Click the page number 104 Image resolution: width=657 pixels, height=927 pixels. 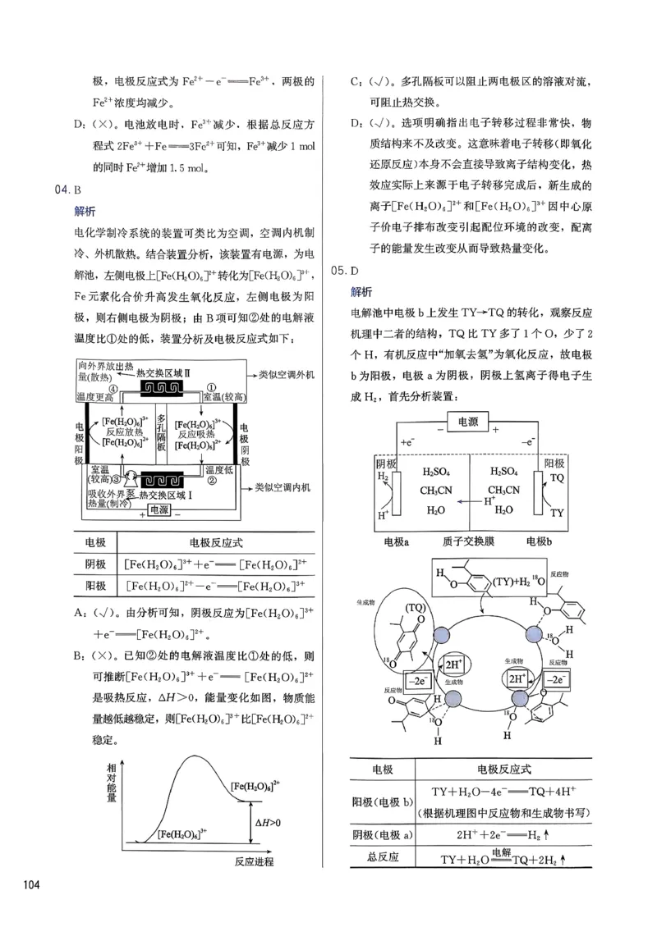coord(31,884)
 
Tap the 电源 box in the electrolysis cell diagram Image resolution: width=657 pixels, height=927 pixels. coord(467,422)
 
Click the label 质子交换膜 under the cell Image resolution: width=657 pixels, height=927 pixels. coord(465,542)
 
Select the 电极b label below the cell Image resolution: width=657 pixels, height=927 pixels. coord(539,542)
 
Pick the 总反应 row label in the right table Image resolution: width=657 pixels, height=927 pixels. coord(383,856)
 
